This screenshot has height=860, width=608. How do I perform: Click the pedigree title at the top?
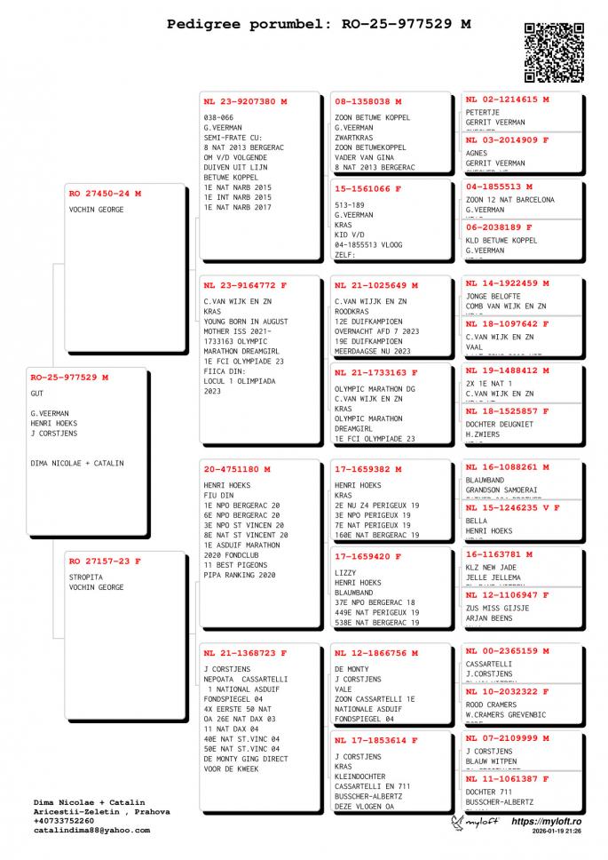coord(319,25)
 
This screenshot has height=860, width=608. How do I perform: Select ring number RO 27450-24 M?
coord(105,193)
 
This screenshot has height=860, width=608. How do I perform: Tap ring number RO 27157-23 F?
coord(105,561)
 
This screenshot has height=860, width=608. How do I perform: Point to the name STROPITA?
coord(86,576)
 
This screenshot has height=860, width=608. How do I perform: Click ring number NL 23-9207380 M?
coord(245,101)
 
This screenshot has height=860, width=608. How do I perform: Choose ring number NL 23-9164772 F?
coord(245,285)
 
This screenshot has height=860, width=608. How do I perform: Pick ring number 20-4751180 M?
coord(237,469)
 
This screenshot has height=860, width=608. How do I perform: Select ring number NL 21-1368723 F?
coord(245,653)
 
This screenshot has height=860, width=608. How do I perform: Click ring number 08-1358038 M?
coord(368,101)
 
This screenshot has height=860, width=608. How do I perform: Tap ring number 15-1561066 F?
coord(368,188)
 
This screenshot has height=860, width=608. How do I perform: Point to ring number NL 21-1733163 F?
coord(376,372)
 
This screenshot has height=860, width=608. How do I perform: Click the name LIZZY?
coord(345,573)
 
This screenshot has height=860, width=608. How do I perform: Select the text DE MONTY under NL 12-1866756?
coord(352,668)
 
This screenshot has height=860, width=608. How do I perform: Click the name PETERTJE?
coord(483,113)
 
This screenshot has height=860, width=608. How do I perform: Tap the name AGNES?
coord(477,153)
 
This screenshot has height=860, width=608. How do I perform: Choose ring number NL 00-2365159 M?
coord(507,650)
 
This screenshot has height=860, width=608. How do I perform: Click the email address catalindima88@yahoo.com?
coord(91,831)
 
